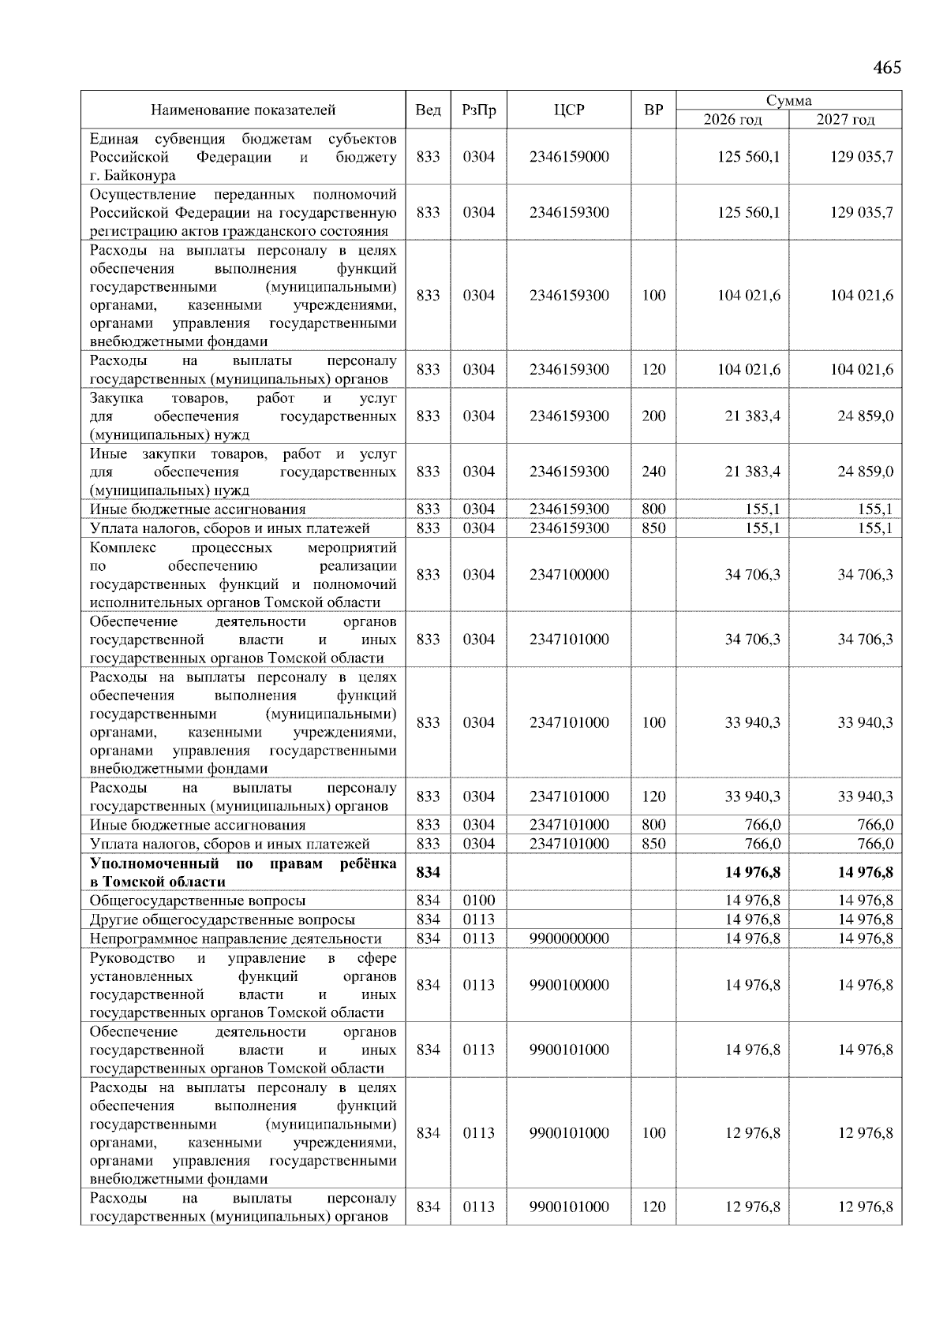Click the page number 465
coord(887,68)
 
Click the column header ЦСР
coord(569,110)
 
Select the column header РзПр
coord(478,110)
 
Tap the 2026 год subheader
coord(733,120)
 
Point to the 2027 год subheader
coord(845,120)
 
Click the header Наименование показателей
coord(243,110)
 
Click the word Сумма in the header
coord(788,101)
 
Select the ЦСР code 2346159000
coord(569,157)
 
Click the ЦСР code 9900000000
coord(569,938)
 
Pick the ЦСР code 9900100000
coord(569,985)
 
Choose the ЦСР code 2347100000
coord(569,575)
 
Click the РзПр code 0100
coord(478,901)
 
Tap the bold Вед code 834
coord(428,873)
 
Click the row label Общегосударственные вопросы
coord(197,901)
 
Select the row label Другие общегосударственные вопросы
coord(222,919)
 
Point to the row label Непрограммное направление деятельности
coord(235,938)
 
